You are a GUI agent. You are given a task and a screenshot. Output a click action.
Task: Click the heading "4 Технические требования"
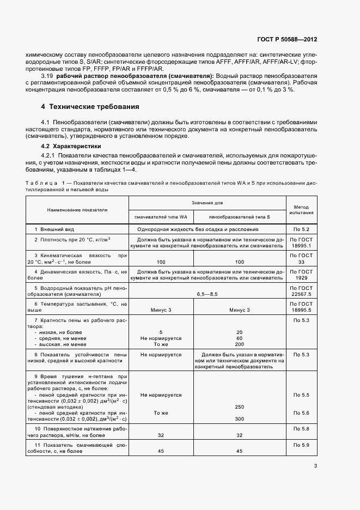tap(90, 106)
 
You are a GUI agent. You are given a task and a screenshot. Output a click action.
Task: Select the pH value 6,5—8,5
tap(207, 294)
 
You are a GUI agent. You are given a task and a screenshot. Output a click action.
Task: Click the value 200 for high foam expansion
tap(239, 344)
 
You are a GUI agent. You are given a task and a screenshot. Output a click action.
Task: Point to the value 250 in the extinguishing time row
tap(239, 406)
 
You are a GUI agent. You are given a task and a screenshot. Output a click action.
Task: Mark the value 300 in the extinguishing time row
tap(239, 418)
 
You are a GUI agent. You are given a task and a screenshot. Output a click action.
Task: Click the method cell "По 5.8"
tap(301, 430)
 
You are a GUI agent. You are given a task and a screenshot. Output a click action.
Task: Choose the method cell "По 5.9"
tap(301, 446)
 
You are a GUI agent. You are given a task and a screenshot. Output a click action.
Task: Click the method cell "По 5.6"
tap(301, 413)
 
